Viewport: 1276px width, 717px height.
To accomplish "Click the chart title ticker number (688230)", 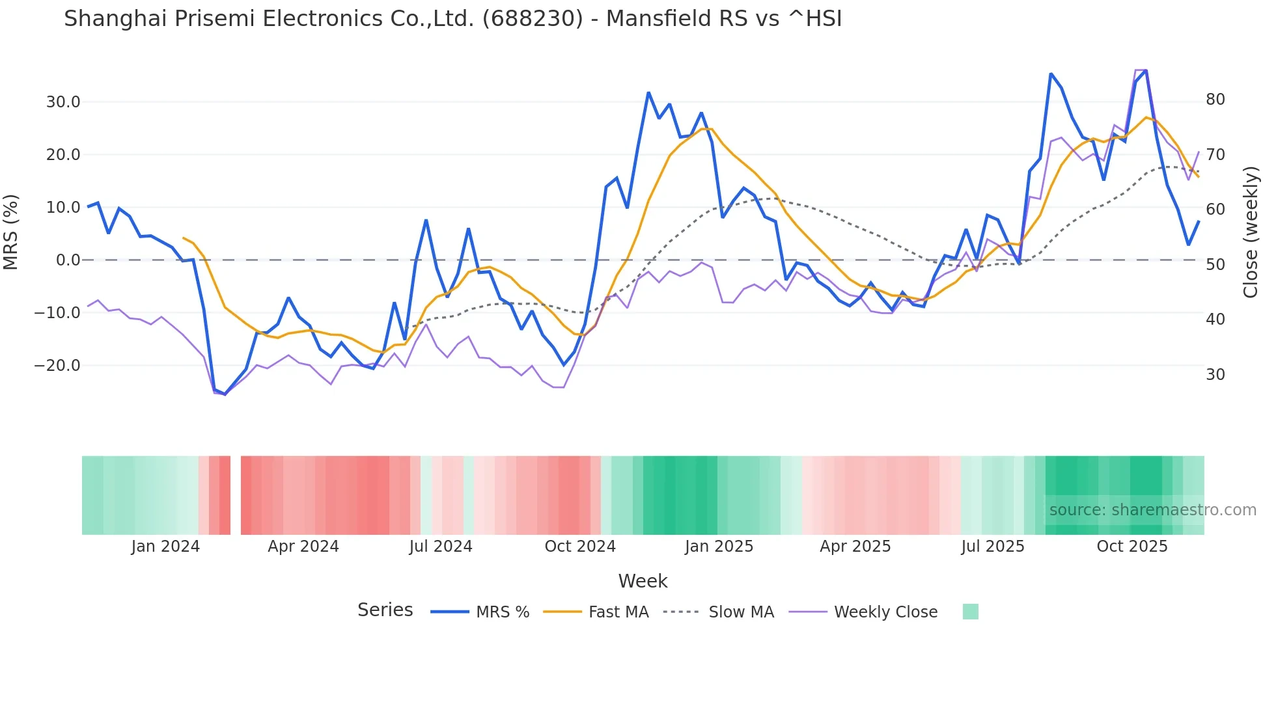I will (x=533, y=19).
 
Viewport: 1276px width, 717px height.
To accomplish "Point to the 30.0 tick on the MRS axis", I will (x=63, y=102).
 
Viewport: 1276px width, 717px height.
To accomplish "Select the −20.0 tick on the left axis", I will (x=57, y=366).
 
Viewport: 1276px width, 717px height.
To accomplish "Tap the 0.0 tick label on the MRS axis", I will (x=68, y=260).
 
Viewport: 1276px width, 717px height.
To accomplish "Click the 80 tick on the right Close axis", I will (x=1215, y=100).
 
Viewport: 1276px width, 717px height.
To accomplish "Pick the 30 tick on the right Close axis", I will (x=1215, y=375).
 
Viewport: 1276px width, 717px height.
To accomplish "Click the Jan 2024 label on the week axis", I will (x=165, y=547).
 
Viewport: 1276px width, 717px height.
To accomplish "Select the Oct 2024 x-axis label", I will (x=580, y=547).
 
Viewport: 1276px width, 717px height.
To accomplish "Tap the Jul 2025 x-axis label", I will (x=993, y=547).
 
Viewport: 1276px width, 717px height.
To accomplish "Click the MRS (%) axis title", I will (x=11, y=232).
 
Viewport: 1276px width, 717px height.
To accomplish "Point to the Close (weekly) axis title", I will (x=1251, y=232).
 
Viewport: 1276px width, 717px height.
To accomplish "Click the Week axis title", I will (x=643, y=581).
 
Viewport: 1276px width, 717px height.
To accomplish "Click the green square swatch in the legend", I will (x=970, y=612).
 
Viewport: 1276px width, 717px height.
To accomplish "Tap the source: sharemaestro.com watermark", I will (x=1152, y=510).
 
